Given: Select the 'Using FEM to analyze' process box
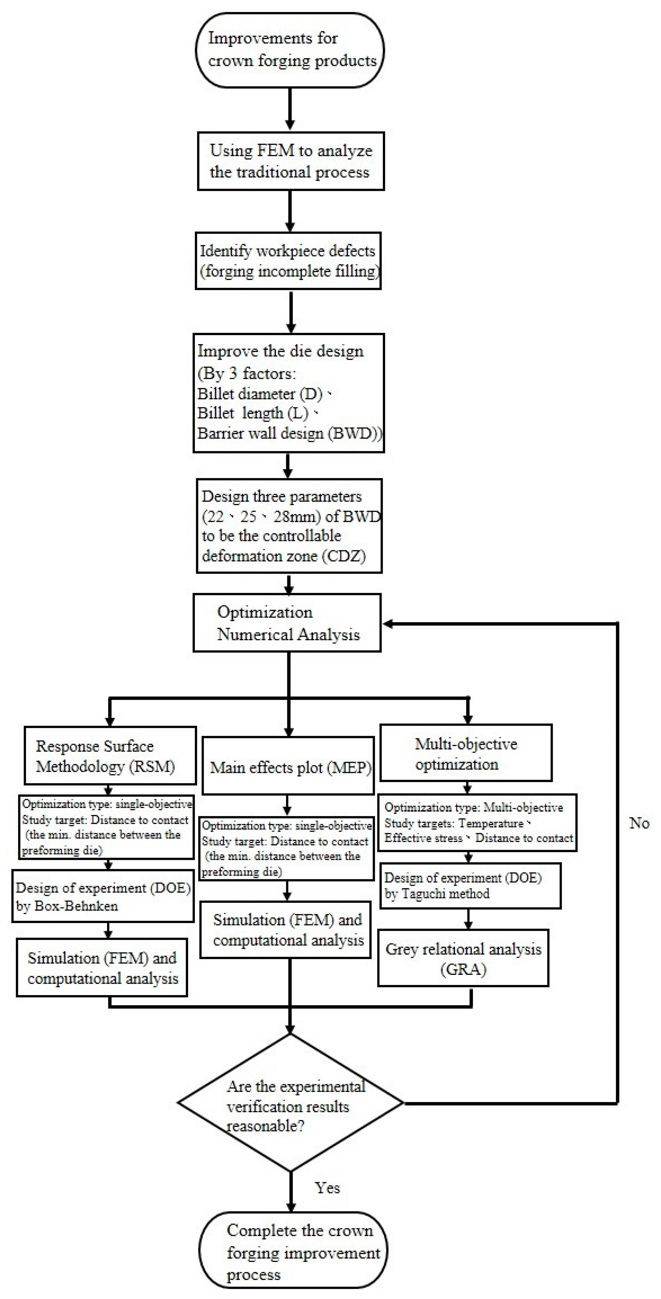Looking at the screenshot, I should pyautogui.click(x=290, y=161).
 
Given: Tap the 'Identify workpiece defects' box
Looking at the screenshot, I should pyautogui.click(x=288, y=261).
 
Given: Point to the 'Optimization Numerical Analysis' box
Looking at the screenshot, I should pyautogui.click(x=287, y=623).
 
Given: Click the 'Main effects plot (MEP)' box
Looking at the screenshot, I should pyautogui.click(x=288, y=768).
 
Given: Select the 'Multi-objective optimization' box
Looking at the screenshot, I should pyautogui.click(x=466, y=753).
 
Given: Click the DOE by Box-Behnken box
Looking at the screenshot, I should pyautogui.click(x=103, y=896).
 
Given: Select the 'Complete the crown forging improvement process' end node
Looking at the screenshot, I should pyautogui.click(x=293, y=1252).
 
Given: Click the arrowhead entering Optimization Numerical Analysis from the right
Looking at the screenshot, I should pyautogui.click(x=388, y=624).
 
